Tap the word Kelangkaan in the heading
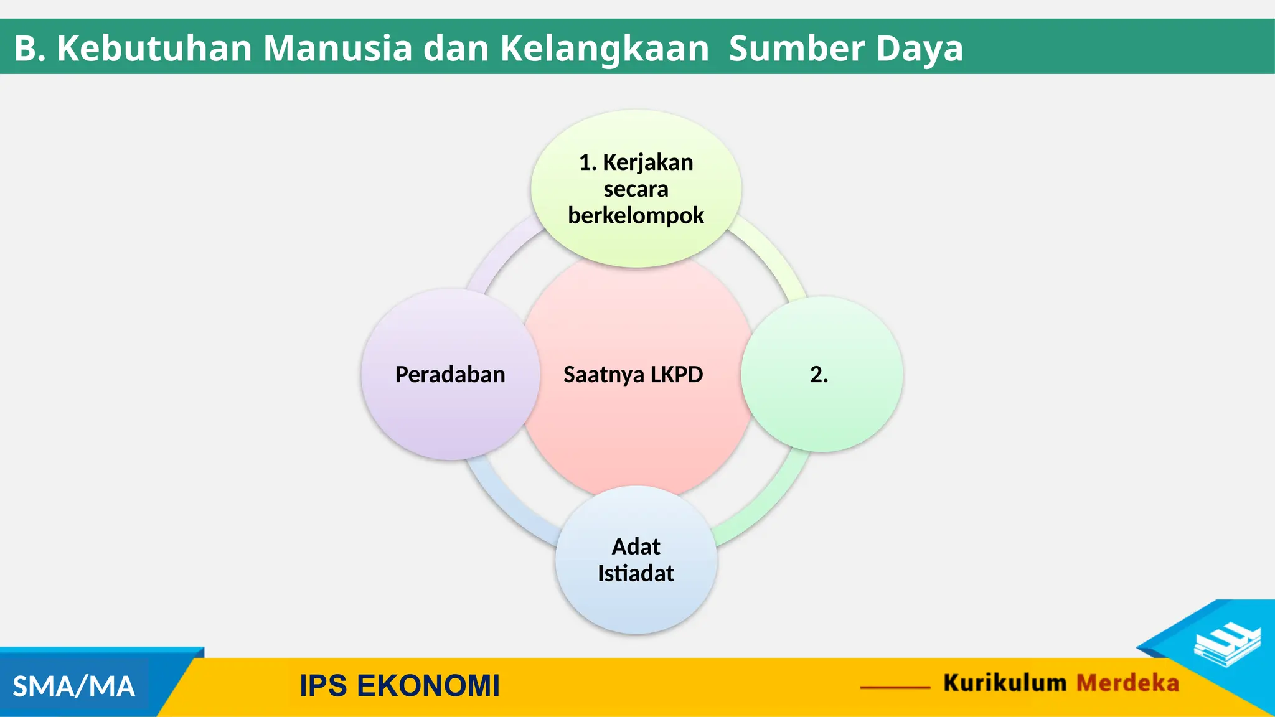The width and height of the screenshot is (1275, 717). tap(605, 48)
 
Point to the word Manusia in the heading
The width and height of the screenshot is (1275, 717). tap(337, 48)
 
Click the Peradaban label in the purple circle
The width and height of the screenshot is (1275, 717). tap(450, 375)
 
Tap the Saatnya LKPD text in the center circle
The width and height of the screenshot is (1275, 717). tap(633, 375)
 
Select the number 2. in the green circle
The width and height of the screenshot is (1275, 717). tap(819, 375)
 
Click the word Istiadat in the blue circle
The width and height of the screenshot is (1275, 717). tap(636, 573)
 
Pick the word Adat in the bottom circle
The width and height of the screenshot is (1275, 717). tap(636, 546)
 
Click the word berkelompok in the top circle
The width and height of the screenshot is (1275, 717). tap(636, 215)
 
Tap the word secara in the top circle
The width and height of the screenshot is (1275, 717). tap(636, 189)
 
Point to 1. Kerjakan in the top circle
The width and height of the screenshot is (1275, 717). tap(636, 162)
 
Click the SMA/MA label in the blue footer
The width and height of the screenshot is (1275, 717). tap(73, 687)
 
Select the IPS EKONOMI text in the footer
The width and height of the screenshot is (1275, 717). tap(400, 686)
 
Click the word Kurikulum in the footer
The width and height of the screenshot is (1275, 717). tap(1005, 683)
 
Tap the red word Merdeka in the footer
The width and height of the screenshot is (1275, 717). tap(1127, 683)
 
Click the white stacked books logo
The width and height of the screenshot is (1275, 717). tap(1227, 645)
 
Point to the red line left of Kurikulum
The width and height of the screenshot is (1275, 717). tap(895, 687)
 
